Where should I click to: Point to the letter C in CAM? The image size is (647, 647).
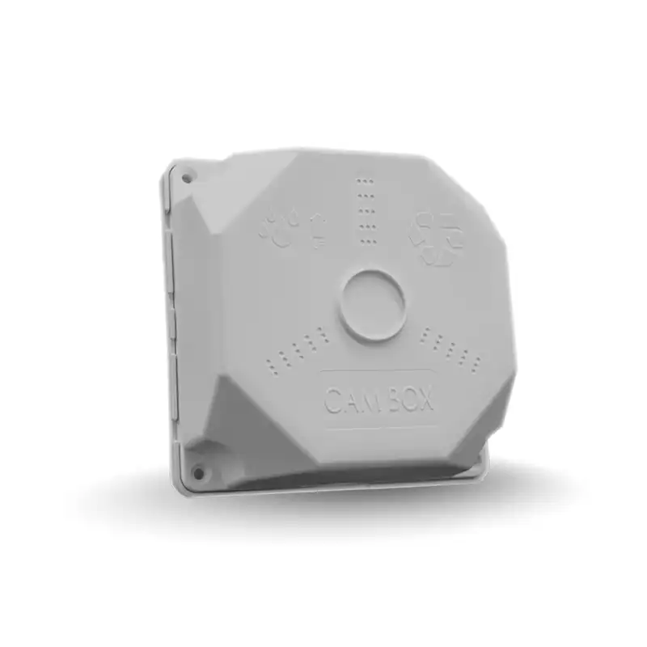click(332, 400)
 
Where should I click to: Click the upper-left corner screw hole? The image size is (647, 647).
click(186, 177)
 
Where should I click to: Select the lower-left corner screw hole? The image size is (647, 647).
click(197, 471)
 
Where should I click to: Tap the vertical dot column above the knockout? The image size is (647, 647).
click(366, 210)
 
